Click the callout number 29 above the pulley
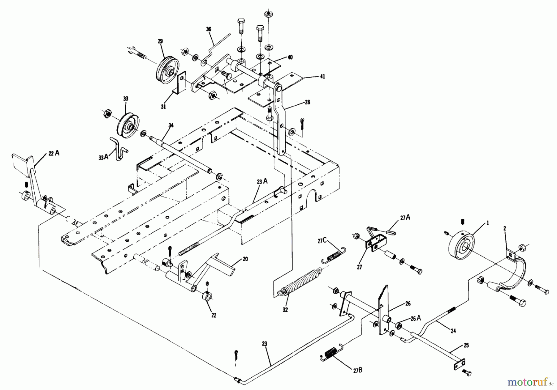160,41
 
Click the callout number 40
290,57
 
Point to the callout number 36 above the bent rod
209,29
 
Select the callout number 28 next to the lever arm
307,102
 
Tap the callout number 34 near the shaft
171,125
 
